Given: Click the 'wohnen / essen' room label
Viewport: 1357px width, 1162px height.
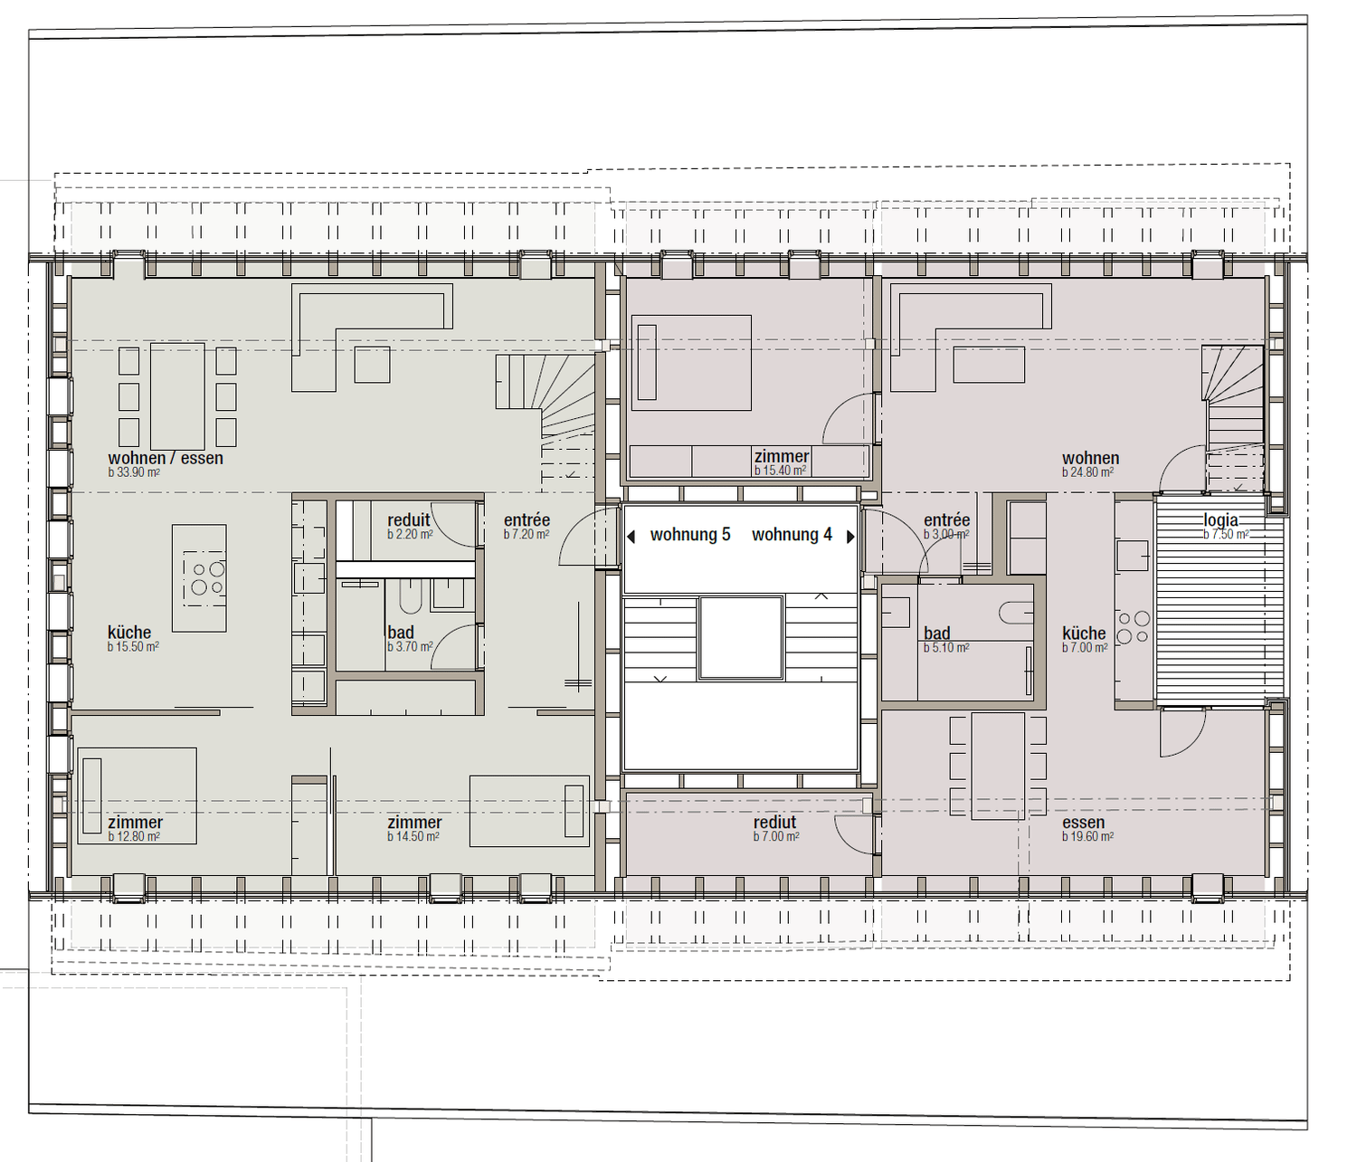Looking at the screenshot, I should pyautogui.click(x=166, y=458).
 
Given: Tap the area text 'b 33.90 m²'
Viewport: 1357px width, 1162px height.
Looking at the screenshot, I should pyautogui.click(x=134, y=472).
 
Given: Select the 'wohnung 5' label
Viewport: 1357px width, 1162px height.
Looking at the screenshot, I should pyautogui.click(x=690, y=535).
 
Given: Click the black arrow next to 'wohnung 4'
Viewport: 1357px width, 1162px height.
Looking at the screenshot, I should pyautogui.click(x=850, y=537).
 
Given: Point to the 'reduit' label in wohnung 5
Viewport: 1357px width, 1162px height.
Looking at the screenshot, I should pyautogui.click(x=409, y=520).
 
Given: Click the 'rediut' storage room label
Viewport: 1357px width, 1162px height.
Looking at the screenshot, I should pyautogui.click(x=775, y=822).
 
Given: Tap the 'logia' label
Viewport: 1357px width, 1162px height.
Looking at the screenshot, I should pyautogui.click(x=1220, y=520).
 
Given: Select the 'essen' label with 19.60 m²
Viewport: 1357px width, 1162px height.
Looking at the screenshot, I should pyautogui.click(x=1084, y=823).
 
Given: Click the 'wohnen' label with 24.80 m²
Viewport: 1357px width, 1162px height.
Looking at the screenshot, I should pyautogui.click(x=1091, y=459).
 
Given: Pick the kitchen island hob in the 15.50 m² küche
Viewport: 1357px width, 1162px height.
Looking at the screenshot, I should pyautogui.click(x=205, y=578).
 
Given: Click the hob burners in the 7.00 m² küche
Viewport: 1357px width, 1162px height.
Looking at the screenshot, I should pyautogui.click(x=1133, y=627).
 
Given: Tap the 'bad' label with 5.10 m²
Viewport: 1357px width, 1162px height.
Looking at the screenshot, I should pyautogui.click(x=937, y=633).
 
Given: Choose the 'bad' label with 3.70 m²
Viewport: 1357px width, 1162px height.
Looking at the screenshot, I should pyautogui.click(x=401, y=633).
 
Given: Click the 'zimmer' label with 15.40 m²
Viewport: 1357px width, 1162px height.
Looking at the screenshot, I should pyautogui.click(x=782, y=457).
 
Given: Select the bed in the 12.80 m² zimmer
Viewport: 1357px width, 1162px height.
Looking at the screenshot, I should pyautogui.click(x=138, y=795).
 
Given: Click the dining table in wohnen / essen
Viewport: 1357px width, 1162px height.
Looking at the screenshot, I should pyautogui.click(x=177, y=396).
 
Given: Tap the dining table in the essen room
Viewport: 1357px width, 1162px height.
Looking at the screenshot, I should pyautogui.click(x=998, y=766).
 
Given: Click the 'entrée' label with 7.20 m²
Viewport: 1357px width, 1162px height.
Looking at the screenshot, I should pyautogui.click(x=527, y=520).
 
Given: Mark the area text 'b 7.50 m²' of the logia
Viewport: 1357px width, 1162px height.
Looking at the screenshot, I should pyautogui.click(x=1226, y=535).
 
